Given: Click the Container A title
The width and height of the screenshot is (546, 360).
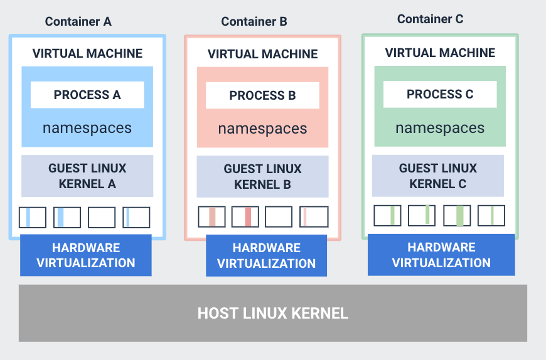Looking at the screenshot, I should point(78,21).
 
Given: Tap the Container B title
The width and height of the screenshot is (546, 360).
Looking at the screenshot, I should point(254,22).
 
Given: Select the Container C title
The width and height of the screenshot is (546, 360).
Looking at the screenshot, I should point(430,19).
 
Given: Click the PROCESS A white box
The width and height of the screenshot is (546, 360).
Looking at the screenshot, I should point(87,95).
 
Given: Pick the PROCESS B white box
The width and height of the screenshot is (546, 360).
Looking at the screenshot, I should point(262,96).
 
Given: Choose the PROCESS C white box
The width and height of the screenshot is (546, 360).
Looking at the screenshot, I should point(440,95).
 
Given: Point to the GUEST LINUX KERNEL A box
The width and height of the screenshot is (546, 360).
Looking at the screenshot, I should point(87,176).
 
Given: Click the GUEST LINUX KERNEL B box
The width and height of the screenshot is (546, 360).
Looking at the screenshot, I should point(262,177).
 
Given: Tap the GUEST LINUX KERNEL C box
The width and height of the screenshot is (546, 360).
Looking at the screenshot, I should point(438,176).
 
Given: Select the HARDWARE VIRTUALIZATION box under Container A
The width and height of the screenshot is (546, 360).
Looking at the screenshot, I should point(86,255).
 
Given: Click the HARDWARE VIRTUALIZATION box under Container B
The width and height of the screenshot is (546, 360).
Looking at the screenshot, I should point(266,256).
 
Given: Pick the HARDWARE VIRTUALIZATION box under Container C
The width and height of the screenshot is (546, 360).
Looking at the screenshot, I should point(441,255).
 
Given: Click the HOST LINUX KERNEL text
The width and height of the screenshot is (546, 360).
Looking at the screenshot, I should point(273,313).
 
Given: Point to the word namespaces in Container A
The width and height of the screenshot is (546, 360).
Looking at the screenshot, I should point(87,129).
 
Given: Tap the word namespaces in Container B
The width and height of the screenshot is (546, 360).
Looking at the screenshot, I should point(262,129).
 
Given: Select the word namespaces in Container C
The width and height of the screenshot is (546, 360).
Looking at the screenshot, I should point(440,129).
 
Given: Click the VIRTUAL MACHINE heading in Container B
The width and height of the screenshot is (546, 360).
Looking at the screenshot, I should point(263,55).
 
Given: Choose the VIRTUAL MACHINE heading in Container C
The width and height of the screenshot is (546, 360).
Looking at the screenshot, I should point(440,53).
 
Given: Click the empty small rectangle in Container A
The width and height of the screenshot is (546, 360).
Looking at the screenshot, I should point(102,218).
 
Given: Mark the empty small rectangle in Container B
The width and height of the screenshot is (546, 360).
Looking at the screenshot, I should point(279,217).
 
